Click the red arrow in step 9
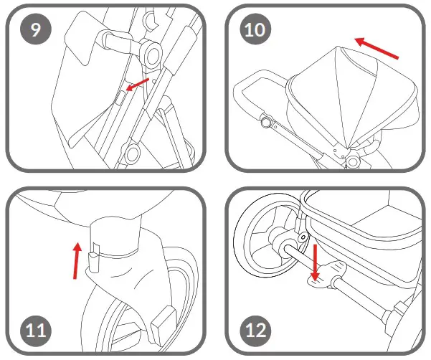coord(138,85)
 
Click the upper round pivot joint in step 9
coord(151,52)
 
